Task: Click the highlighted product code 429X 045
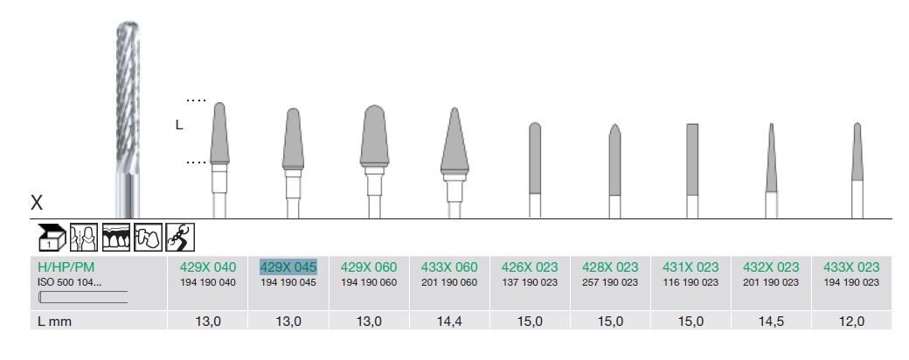tap(288, 267)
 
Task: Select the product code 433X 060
tap(449, 267)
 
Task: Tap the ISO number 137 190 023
tap(530, 282)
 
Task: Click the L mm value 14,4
tap(449, 322)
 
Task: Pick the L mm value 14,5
tap(771, 322)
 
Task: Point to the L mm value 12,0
tap(851, 322)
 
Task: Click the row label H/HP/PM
tap(66, 267)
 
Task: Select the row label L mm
tap(54, 322)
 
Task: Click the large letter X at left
tap(37, 203)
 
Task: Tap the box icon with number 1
tap(52, 237)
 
